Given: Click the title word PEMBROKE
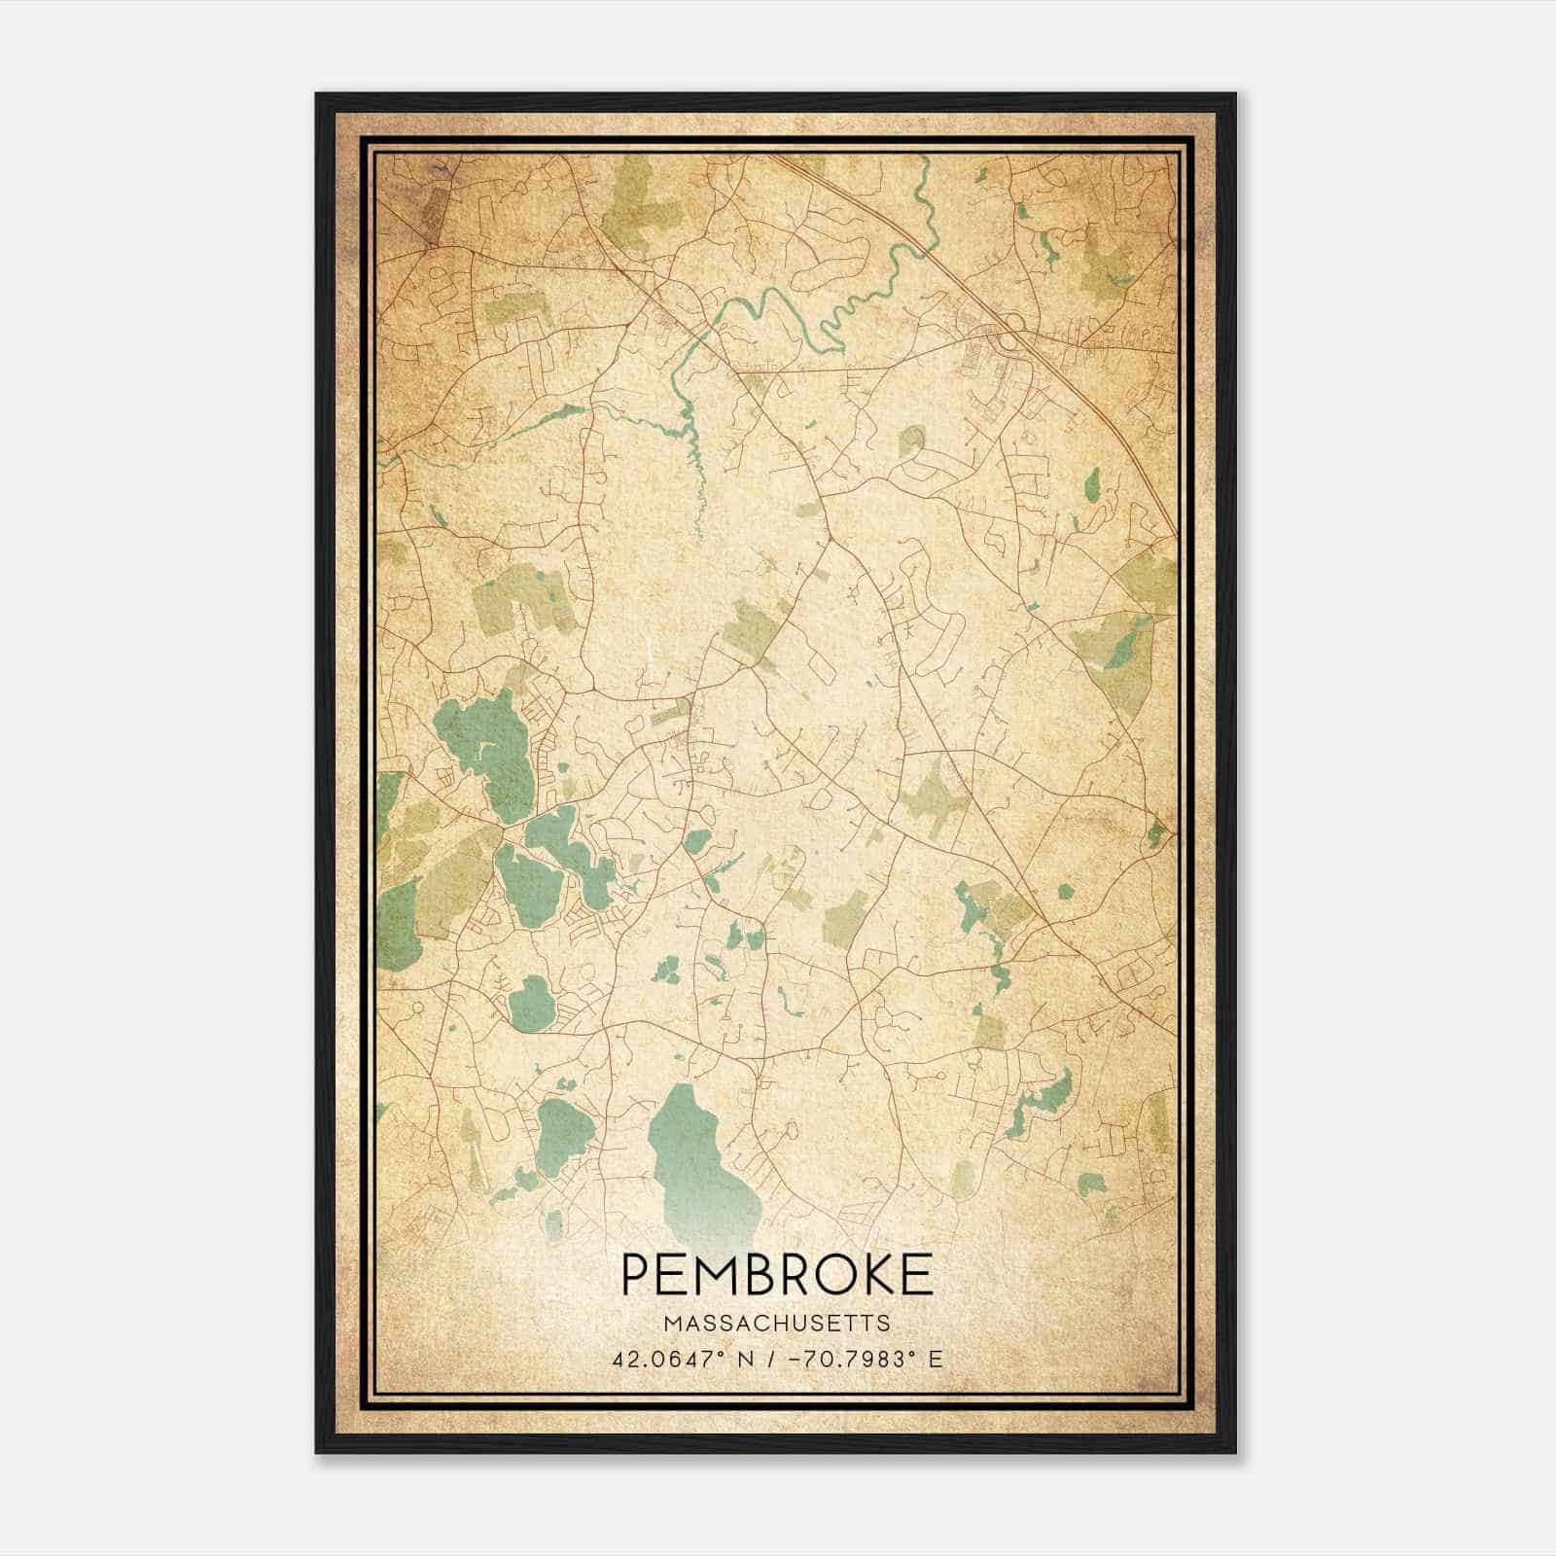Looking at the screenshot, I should point(775,1274).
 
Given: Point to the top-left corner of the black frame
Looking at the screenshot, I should point(318,95).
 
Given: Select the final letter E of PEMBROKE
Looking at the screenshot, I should point(916,1274).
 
